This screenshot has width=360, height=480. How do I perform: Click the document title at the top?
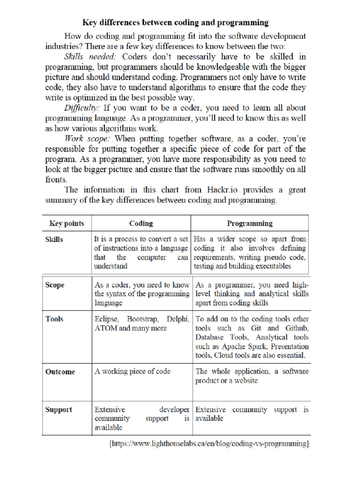tap(175, 22)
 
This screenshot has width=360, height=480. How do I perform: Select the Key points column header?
tap(67, 223)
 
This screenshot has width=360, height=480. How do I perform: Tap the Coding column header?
tap(141, 223)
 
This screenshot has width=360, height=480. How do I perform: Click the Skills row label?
tap(54, 239)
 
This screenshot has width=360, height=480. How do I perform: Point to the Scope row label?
tap(55, 285)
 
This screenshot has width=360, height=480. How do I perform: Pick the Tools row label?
tap(54, 319)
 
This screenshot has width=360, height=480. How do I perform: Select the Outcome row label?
tap(60, 372)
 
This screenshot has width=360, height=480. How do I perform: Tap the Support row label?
tap(59, 410)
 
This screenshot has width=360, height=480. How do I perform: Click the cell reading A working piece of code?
tap(133, 371)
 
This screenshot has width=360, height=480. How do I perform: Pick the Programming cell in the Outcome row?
tap(252, 376)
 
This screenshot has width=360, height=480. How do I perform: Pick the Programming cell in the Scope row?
tap(252, 294)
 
